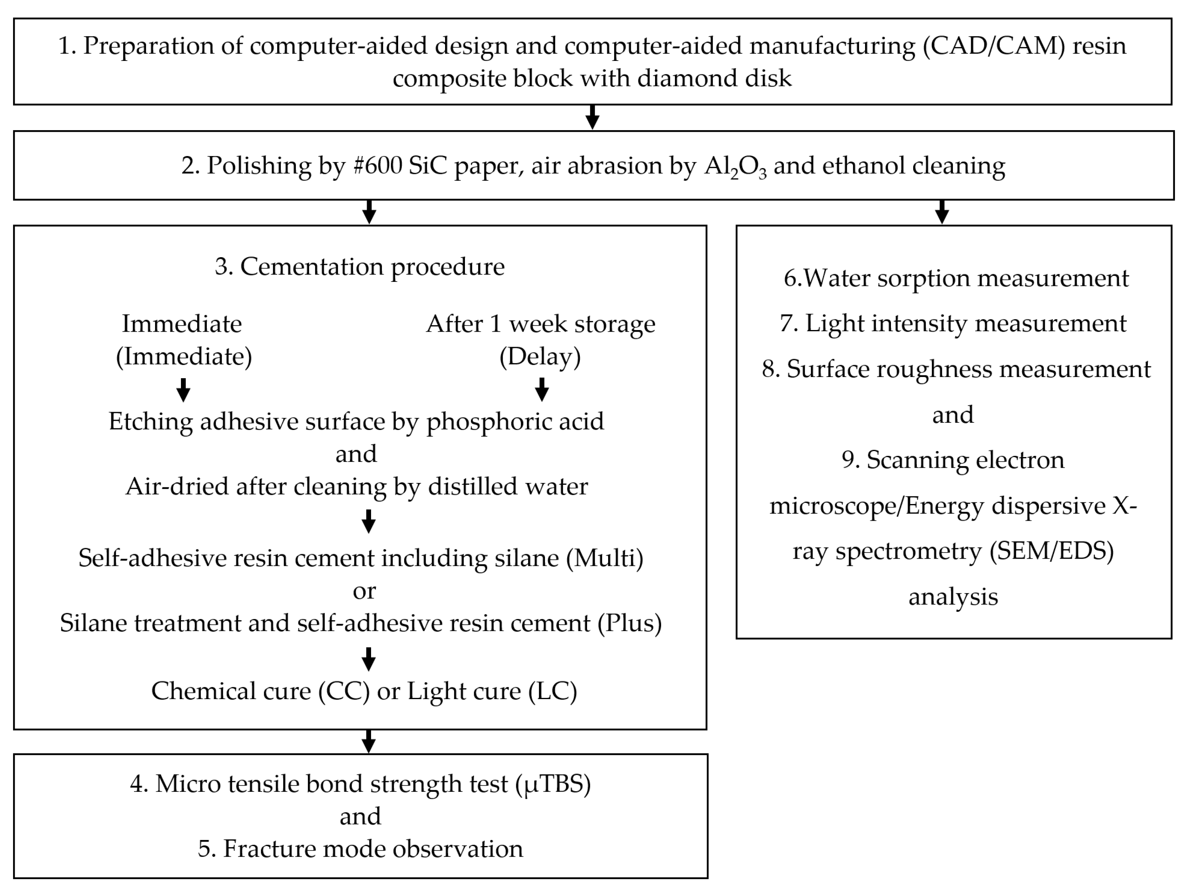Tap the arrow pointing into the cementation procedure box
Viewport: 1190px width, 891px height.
click(x=369, y=212)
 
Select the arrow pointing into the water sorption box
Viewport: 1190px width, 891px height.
click(x=942, y=212)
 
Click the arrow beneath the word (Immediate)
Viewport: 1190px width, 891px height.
click(x=183, y=390)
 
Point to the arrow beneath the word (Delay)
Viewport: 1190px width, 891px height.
click(x=542, y=389)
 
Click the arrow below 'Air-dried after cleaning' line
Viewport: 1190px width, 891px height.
click(x=369, y=521)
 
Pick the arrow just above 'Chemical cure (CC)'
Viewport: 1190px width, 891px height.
click(x=369, y=659)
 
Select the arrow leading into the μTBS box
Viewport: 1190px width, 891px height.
click(x=369, y=741)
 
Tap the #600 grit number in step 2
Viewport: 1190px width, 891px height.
click(x=378, y=166)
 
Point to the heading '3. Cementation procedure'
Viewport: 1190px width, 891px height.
click(x=360, y=266)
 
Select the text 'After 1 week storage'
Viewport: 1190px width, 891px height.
click(x=541, y=324)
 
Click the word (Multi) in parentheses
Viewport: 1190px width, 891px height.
click(x=605, y=558)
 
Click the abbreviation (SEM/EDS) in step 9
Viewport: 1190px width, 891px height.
click(x=1052, y=551)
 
